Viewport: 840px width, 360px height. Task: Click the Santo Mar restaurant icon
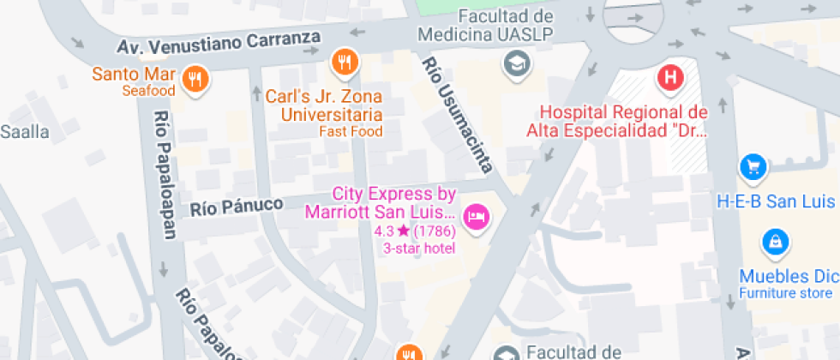pos(196,80)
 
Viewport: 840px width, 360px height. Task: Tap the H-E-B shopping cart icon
pos(752,166)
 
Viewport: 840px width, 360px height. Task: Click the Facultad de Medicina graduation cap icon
pos(515,63)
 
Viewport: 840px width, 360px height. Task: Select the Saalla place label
pos(25,132)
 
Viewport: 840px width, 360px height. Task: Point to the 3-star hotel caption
pos(418,249)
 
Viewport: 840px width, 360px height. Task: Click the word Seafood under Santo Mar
pos(148,91)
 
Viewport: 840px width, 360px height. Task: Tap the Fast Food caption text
pos(351,131)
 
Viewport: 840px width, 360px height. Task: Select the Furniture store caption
pos(785,294)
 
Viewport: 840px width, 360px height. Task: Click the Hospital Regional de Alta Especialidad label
pos(617,121)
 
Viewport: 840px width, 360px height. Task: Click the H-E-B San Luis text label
pos(777,202)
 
